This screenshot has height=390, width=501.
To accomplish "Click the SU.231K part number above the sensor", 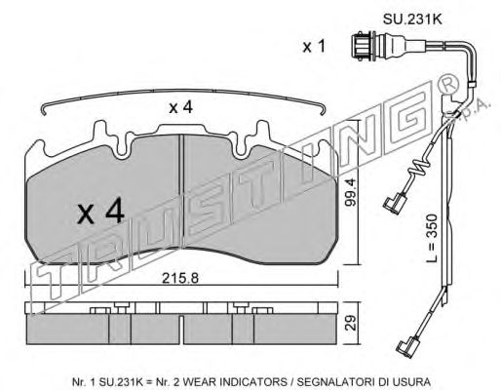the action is coord(412,19).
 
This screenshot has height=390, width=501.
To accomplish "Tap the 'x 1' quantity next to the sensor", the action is coord(314,47).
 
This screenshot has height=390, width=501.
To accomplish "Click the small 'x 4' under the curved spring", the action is coord(180,107).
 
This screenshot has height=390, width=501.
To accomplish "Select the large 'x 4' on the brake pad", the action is coord(101,212).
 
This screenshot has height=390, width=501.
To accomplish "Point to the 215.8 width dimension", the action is coord(180,278).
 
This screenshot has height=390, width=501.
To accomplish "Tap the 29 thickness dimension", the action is coord(351,323).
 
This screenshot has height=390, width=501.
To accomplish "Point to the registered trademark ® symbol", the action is coord(448,85).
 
